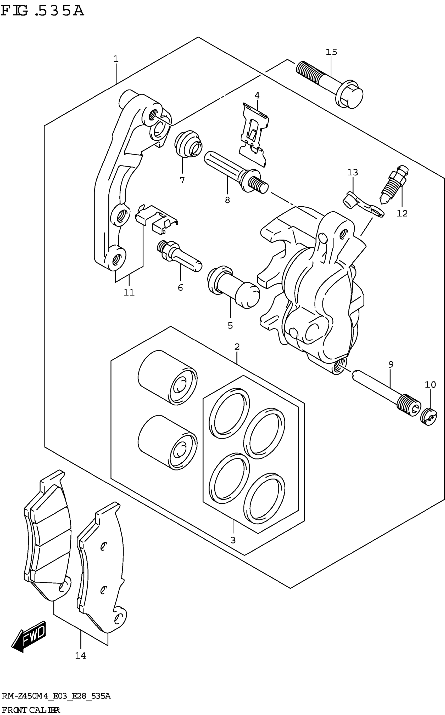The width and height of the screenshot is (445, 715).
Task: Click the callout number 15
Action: pyautogui.click(x=331, y=52)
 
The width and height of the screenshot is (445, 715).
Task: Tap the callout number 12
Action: pyautogui.click(x=402, y=213)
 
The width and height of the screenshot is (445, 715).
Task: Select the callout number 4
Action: pyautogui.click(x=257, y=95)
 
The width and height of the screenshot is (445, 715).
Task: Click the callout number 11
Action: pyautogui.click(x=129, y=293)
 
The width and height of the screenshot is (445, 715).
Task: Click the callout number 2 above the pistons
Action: pyautogui.click(x=237, y=347)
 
